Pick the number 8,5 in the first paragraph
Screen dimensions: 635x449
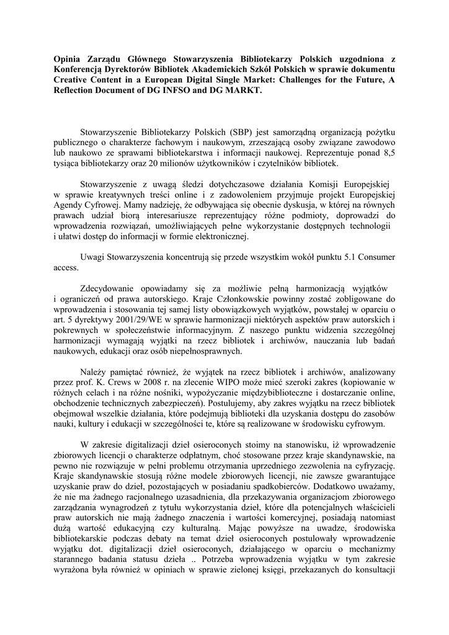389,151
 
